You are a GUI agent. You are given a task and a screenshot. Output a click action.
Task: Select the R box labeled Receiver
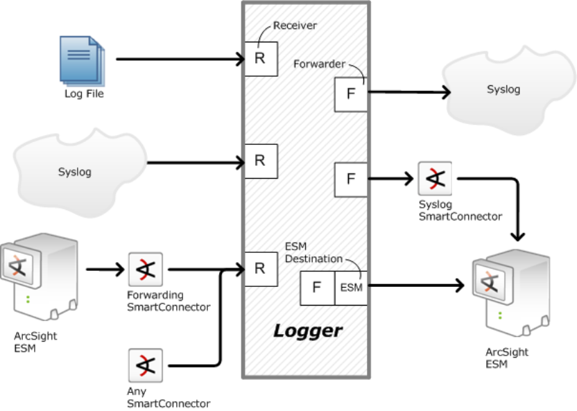point(259,58)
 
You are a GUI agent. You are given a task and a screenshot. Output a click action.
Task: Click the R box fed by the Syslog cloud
point(259,161)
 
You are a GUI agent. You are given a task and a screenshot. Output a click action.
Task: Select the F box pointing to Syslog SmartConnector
point(351,179)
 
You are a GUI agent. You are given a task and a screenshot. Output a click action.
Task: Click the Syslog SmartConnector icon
point(435,179)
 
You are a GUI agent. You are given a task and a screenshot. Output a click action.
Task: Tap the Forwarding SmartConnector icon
point(146,269)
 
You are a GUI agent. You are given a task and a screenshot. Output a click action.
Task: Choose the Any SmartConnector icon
point(146,365)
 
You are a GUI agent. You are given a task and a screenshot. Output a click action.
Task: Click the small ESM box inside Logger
point(351,288)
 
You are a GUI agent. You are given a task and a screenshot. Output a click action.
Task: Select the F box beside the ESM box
point(317,288)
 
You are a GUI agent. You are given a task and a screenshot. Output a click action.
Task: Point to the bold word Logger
point(307,331)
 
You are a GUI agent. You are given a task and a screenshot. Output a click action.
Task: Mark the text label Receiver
point(295,26)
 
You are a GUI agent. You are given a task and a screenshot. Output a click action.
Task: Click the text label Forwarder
point(319,64)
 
